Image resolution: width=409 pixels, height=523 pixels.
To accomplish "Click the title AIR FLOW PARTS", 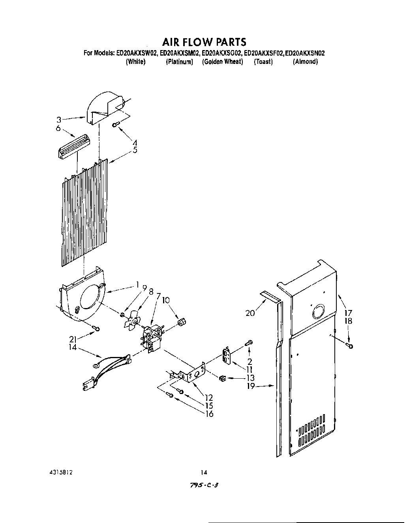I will [204, 42].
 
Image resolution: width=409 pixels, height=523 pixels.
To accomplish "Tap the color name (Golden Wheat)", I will [222, 62].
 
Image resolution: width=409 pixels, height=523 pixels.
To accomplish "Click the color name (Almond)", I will [305, 62].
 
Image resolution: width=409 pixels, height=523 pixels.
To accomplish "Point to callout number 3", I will [58, 119].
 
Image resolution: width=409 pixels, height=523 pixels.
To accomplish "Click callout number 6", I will [58, 129].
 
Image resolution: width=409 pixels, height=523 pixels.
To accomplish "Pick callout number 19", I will [251, 386].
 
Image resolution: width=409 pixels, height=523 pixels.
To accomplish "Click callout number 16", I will [209, 414].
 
